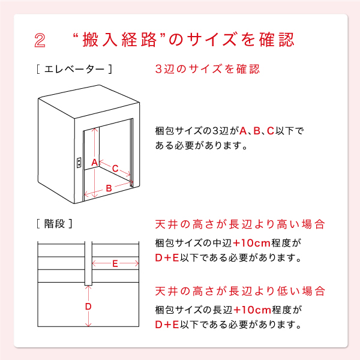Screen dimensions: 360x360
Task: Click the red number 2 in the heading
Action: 40,40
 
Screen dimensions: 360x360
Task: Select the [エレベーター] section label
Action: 74,69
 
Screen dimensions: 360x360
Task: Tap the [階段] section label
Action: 55,224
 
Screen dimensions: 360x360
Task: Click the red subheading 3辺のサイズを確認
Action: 207,69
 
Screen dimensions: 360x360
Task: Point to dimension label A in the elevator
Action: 94,163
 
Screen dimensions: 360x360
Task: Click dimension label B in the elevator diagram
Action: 109,188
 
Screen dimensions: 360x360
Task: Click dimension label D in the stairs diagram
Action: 88,307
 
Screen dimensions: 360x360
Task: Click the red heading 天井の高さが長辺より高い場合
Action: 240,224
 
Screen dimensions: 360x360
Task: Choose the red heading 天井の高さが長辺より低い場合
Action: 240,292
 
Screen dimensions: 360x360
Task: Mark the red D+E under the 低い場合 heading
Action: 167,325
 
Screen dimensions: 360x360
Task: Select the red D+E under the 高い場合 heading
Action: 167,259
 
